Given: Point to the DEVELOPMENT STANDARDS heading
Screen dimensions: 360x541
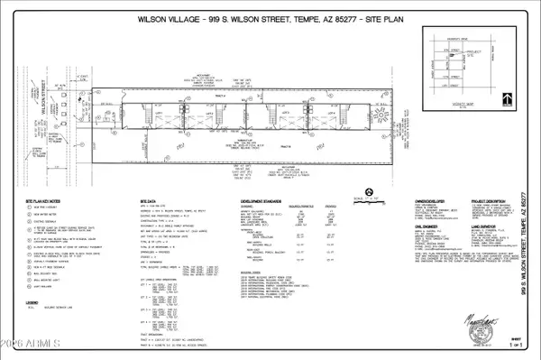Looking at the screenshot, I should tap(261, 201).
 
